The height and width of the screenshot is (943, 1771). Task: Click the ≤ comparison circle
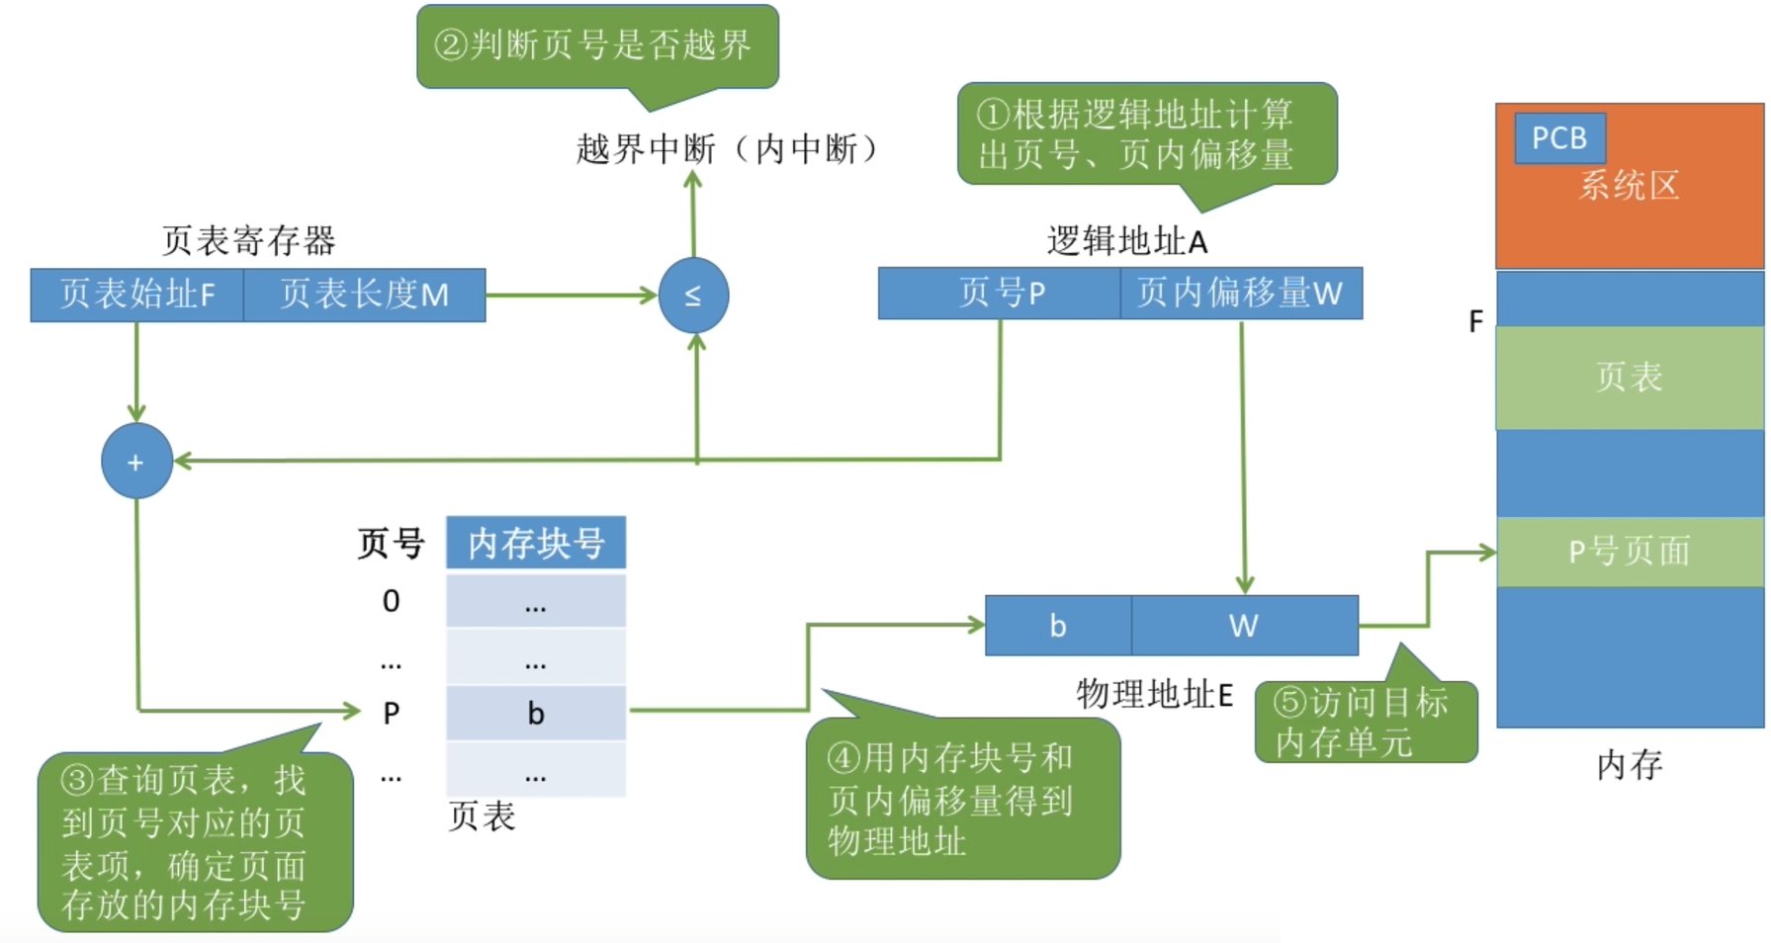click(x=693, y=296)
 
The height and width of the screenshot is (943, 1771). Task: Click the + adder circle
click(x=136, y=462)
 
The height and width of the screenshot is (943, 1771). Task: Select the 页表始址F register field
click(x=136, y=295)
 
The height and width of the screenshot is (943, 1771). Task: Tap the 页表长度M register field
click(x=364, y=295)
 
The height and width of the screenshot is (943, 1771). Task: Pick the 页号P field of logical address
click(x=1000, y=293)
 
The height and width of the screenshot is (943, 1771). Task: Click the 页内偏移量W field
click(x=1240, y=293)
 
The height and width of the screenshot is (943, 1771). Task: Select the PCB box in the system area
click(x=1558, y=138)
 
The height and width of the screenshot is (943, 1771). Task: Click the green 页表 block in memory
click(x=1629, y=378)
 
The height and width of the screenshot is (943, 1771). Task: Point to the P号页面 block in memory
click(x=1629, y=552)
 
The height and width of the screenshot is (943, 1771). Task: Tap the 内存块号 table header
click(x=535, y=543)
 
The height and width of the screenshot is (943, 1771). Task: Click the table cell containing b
click(x=535, y=713)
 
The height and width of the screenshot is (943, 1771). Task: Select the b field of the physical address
click(x=1057, y=626)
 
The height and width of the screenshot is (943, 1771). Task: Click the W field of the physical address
click(x=1244, y=626)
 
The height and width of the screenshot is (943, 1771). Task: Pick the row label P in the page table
click(x=392, y=713)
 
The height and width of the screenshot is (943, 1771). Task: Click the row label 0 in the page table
click(x=392, y=601)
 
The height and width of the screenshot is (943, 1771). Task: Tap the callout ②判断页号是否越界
click(x=596, y=45)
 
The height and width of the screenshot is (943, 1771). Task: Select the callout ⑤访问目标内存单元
click(x=1364, y=723)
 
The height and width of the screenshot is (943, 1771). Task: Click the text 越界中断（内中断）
click(x=727, y=149)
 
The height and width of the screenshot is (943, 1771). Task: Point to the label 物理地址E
click(x=1154, y=695)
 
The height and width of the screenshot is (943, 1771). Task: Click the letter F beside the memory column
click(x=1475, y=322)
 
